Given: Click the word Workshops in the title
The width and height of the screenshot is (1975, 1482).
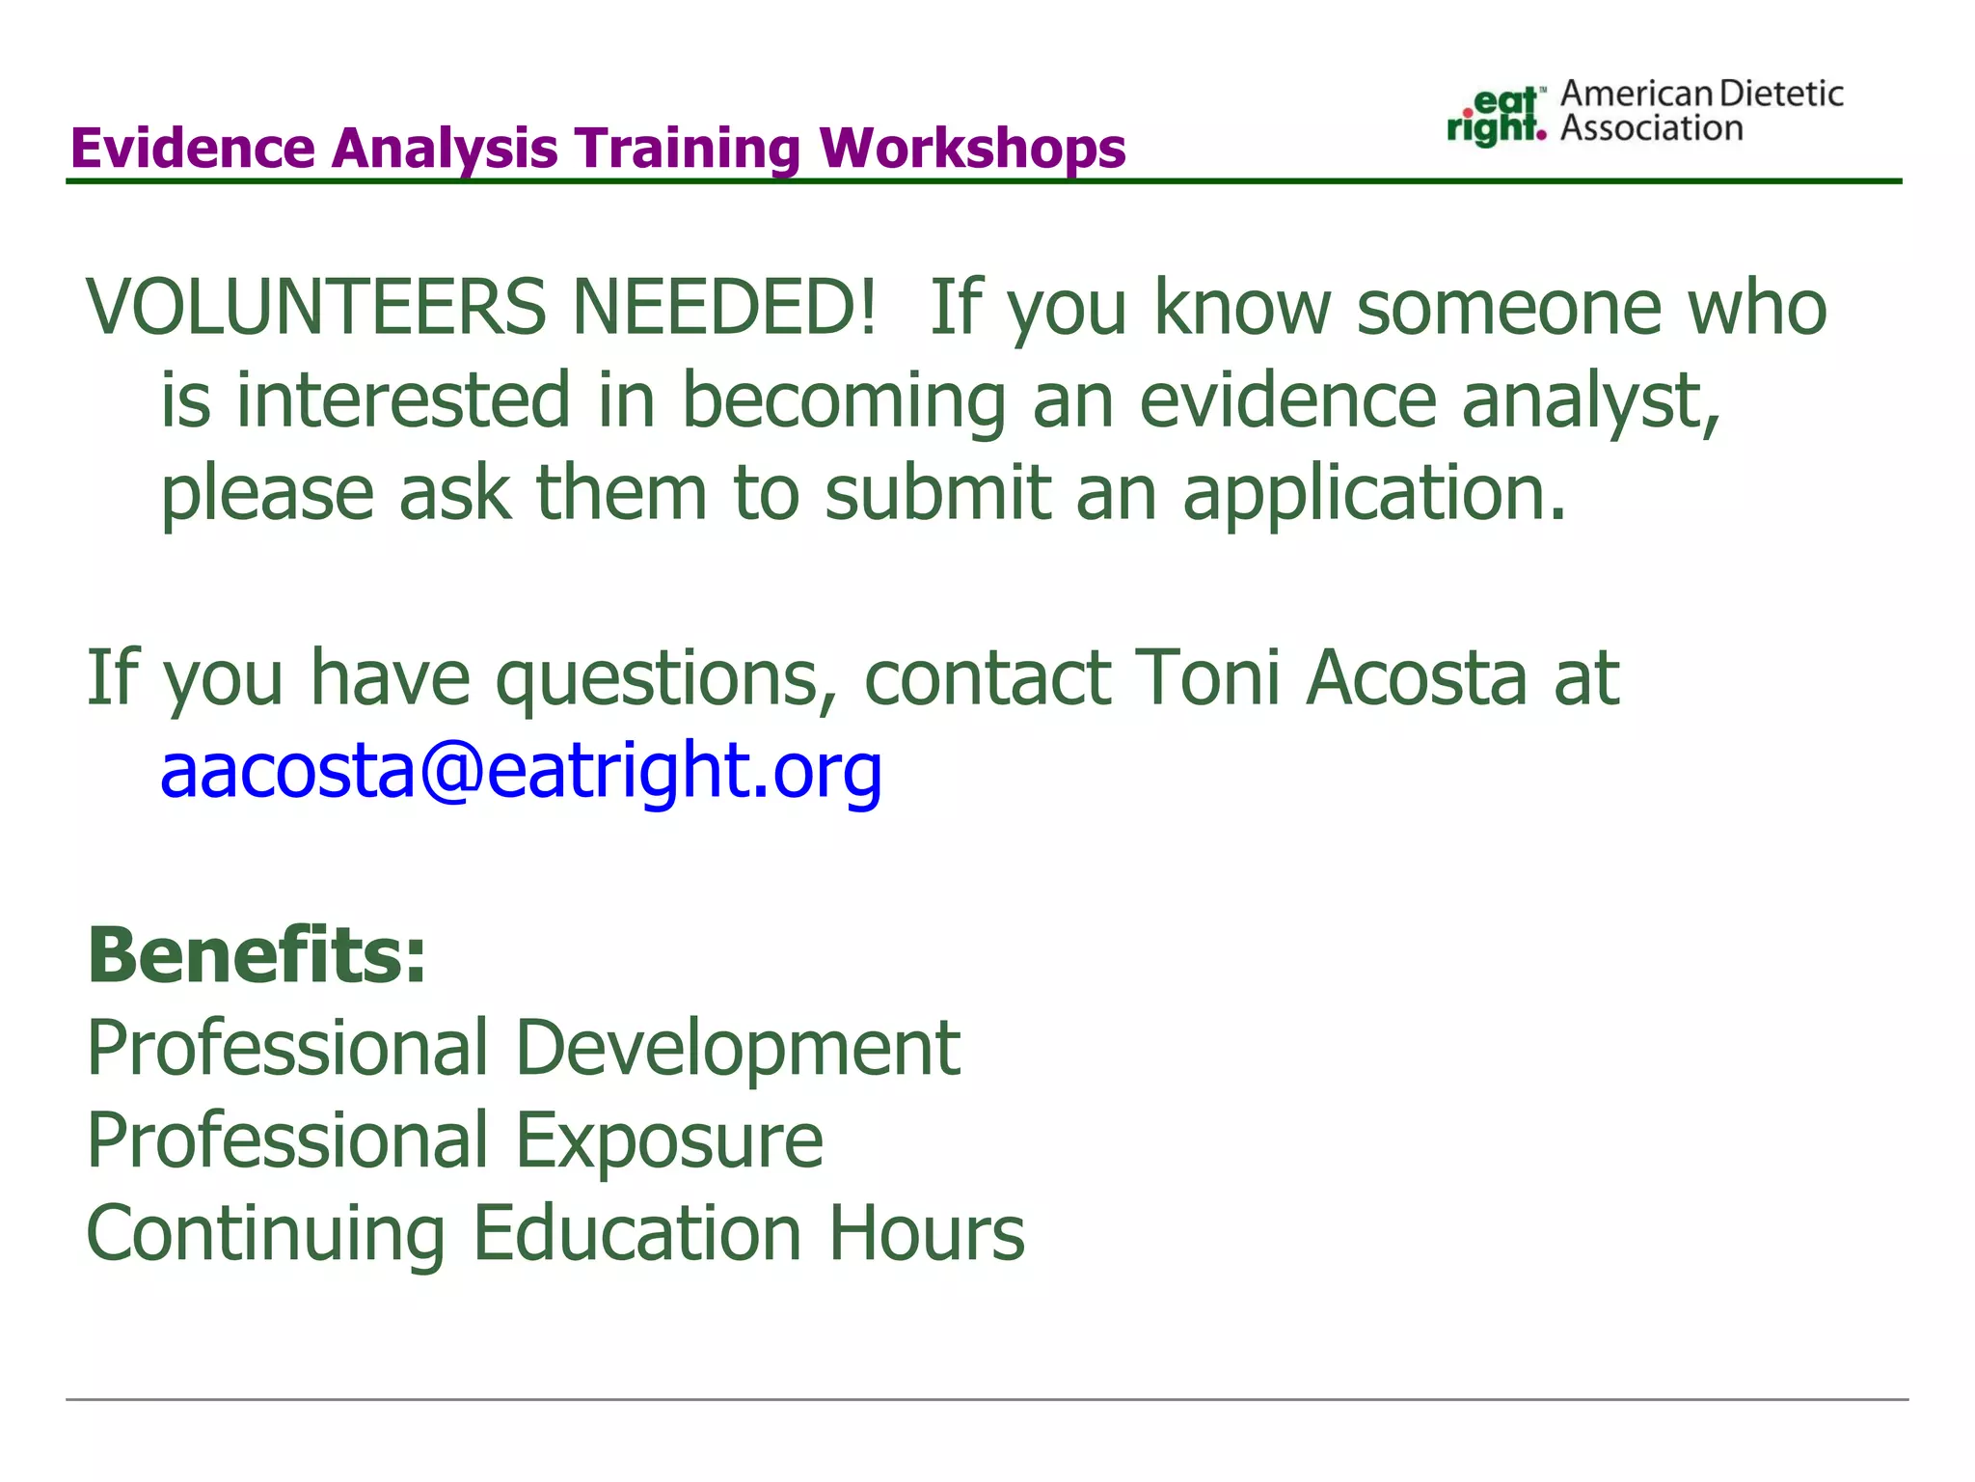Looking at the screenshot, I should pyautogui.click(x=972, y=149).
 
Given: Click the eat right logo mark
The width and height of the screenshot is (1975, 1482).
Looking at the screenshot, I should pyautogui.click(x=1496, y=117).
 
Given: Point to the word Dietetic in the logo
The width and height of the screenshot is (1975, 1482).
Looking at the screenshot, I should pyautogui.click(x=1781, y=94).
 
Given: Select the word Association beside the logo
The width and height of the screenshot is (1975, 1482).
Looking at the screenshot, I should pyautogui.click(x=1651, y=128).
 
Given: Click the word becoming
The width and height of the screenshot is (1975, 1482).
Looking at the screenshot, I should pyautogui.click(x=844, y=399).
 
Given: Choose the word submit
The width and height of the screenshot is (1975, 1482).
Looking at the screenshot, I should pyautogui.click(x=937, y=492).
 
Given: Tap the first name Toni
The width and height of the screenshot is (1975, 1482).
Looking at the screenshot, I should pyautogui.click(x=1207, y=677).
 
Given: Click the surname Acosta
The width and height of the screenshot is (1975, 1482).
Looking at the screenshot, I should pyautogui.click(x=1417, y=677).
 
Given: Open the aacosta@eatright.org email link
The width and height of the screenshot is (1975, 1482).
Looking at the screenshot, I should pyautogui.click(x=521, y=772).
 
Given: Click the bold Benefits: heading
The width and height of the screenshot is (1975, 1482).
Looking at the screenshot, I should pyautogui.click(x=257, y=955).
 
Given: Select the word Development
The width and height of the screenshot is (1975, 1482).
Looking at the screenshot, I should pyautogui.click(x=738, y=1050).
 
